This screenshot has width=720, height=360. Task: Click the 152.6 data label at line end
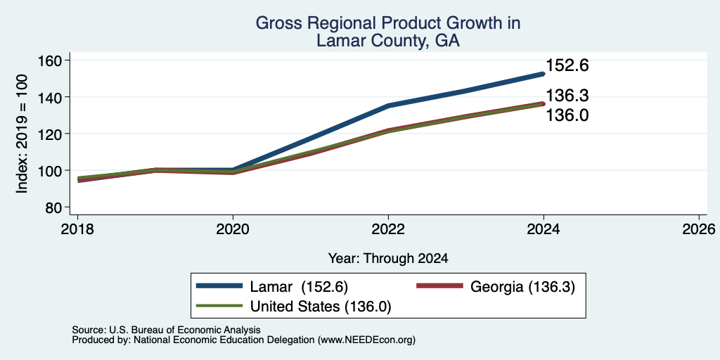(567, 65)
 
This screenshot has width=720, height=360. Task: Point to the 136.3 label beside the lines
(567, 96)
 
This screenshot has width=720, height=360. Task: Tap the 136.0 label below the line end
(567, 115)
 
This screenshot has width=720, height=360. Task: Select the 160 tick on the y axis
(52, 60)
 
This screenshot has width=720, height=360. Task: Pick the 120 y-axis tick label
(52, 134)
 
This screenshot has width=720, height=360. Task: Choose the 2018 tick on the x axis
(77, 229)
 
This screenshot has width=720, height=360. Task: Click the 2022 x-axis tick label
(388, 229)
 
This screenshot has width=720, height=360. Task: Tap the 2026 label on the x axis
(699, 229)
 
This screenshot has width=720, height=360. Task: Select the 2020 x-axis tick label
(233, 229)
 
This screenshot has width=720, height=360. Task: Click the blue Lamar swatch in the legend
(219, 286)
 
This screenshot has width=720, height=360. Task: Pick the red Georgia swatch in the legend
(439, 286)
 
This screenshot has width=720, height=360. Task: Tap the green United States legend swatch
(219, 305)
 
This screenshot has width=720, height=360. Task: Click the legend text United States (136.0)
(321, 306)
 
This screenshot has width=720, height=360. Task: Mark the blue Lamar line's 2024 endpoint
(544, 73)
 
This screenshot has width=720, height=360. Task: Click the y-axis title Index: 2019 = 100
(22, 134)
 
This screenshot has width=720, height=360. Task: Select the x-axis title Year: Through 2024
(388, 259)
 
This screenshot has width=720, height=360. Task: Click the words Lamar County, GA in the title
(388, 41)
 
